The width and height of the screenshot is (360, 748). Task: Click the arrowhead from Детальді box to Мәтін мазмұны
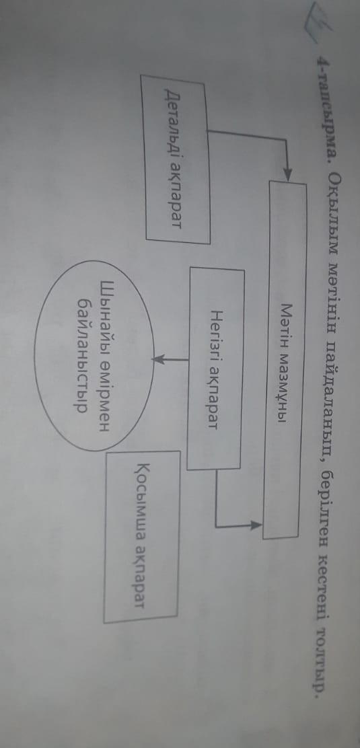point(288,175)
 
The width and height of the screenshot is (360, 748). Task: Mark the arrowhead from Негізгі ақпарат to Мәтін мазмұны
point(256,525)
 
